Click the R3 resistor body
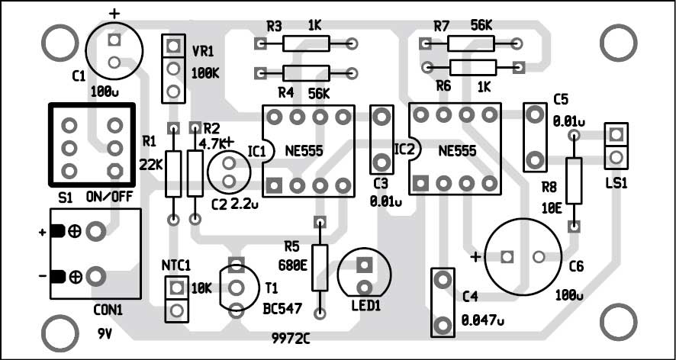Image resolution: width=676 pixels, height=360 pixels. (306, 44)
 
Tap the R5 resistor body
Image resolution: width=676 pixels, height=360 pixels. (320, 267)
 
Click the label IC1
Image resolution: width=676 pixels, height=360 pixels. (257, 151)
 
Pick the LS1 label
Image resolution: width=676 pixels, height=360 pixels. (615, 183)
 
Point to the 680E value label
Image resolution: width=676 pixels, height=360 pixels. (292, 265)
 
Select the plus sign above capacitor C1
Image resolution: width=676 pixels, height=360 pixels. (115, 14)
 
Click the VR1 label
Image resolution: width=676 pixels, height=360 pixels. (202, 54)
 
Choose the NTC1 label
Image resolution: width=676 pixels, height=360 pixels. (175, 265)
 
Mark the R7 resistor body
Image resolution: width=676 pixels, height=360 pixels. (470, 43)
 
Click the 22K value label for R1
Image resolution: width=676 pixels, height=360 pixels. (153, 164)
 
